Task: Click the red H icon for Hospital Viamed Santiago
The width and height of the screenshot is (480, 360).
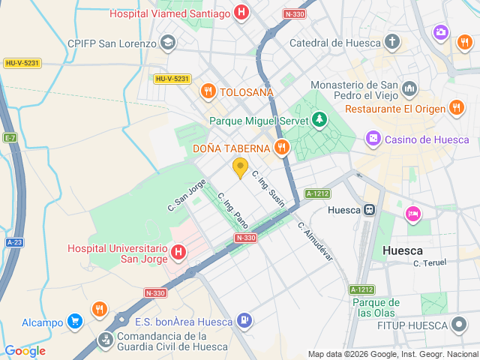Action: (x=241, y=13)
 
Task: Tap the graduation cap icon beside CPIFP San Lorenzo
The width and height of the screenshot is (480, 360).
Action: (x=167, y=42)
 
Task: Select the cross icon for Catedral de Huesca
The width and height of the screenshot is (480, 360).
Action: (x=391, y=42)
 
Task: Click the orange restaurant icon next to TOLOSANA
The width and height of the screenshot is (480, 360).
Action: (x=208, y=91)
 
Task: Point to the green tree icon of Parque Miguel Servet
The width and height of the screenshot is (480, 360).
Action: (x=320, y=119)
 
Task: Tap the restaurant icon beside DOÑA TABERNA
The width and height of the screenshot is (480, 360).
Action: (x=282, y=147)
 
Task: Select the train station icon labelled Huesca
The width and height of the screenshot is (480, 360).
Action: (x=369, y=210)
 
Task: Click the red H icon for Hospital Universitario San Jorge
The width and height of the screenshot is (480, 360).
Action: (x=178, y=252)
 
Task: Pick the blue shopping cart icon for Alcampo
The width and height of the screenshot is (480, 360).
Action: (x=74, y=322)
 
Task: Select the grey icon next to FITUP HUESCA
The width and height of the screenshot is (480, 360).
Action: (x=459, y=325)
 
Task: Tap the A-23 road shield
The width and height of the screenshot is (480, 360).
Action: (x=14, y=242)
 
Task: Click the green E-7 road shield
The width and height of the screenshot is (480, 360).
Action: (x=10, y=138)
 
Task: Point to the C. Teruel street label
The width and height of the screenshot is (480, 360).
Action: (x=430, y=262)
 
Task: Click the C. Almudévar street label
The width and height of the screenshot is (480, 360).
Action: (x=315, y=241)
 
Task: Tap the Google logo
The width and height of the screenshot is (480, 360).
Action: (x=25, y=350)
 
